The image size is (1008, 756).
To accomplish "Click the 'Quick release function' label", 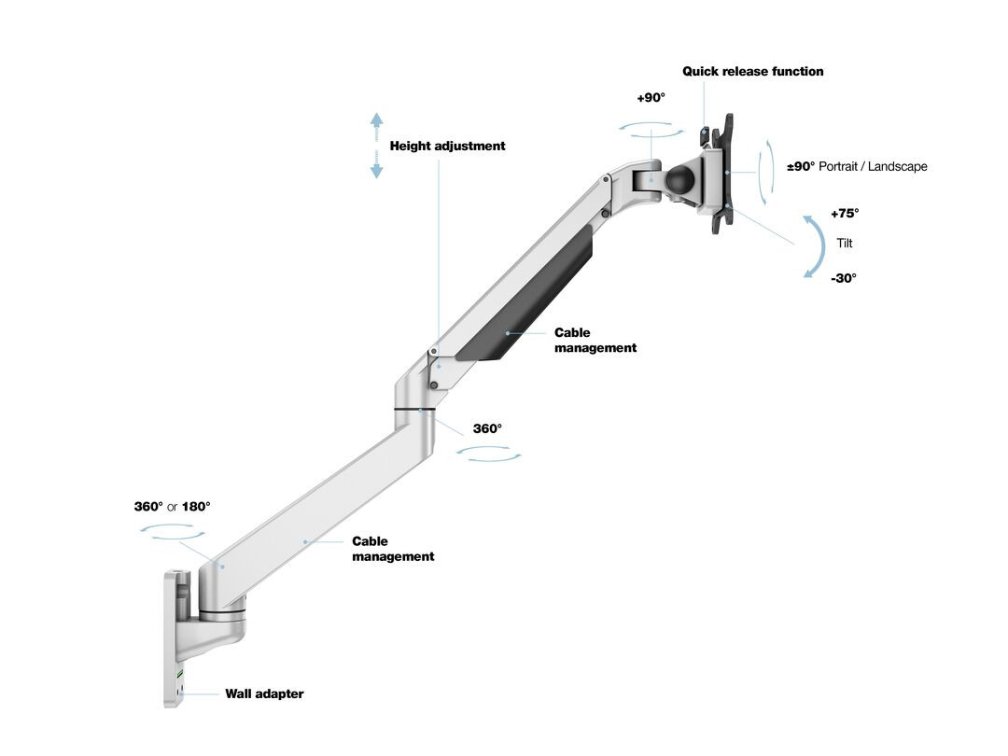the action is coord(753,71).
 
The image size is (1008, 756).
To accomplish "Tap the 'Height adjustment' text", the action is coord(447,146).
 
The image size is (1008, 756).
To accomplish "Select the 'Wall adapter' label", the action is coord(264,693).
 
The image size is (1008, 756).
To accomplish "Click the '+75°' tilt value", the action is coord(845,214).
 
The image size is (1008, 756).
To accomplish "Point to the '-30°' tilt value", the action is coord(844,278).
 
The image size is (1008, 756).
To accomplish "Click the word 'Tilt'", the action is coord(845,243).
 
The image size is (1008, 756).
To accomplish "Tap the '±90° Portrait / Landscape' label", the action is coord(857,166).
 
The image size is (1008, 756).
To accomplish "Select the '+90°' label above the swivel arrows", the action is coord(651,98).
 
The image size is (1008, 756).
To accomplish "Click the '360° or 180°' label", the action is coord(173,507).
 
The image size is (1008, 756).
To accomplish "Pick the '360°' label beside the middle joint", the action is coord(487,428).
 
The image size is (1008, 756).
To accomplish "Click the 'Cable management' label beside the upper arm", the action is coord(595,340).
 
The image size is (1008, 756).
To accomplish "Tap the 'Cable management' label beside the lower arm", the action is coord(393,549).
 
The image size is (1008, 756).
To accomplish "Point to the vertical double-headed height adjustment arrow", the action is coord(377,146).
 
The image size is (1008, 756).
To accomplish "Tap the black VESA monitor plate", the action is coord(722,174).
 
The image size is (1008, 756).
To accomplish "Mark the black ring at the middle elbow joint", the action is coord(415,408).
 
